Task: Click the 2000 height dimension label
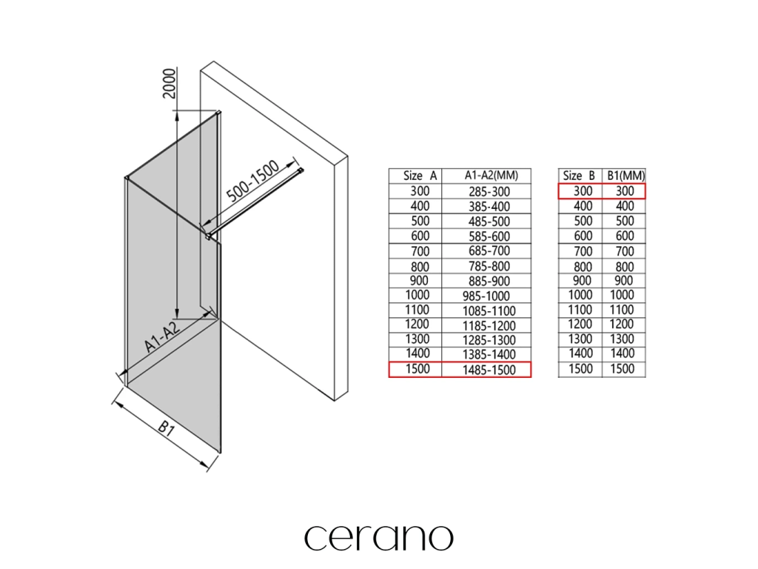(169, 84)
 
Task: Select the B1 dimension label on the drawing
(165, 431)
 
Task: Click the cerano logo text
(378, 537)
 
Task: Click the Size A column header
(415, 176)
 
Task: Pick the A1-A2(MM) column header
(486, 176)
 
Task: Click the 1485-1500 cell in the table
(486, 369)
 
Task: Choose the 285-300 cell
(486, 191)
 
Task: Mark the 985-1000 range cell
(486, 295)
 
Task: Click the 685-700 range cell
(486, 250)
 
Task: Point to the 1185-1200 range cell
(486, 325)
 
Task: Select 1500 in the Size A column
(415, 369)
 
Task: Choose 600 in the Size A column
(415, 236)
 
